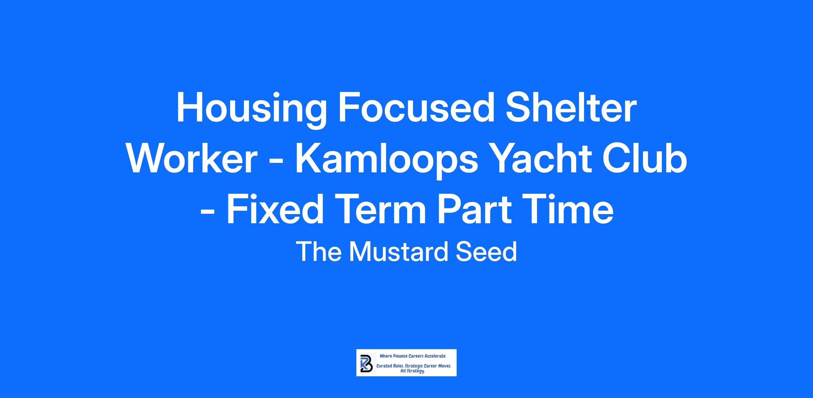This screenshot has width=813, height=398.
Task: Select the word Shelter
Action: pos(571,108)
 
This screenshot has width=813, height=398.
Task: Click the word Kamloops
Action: pos(386,162)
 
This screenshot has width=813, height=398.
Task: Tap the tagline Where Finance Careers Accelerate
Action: pos(413,356)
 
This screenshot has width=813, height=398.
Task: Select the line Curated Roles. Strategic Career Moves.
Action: pos(414,366)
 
